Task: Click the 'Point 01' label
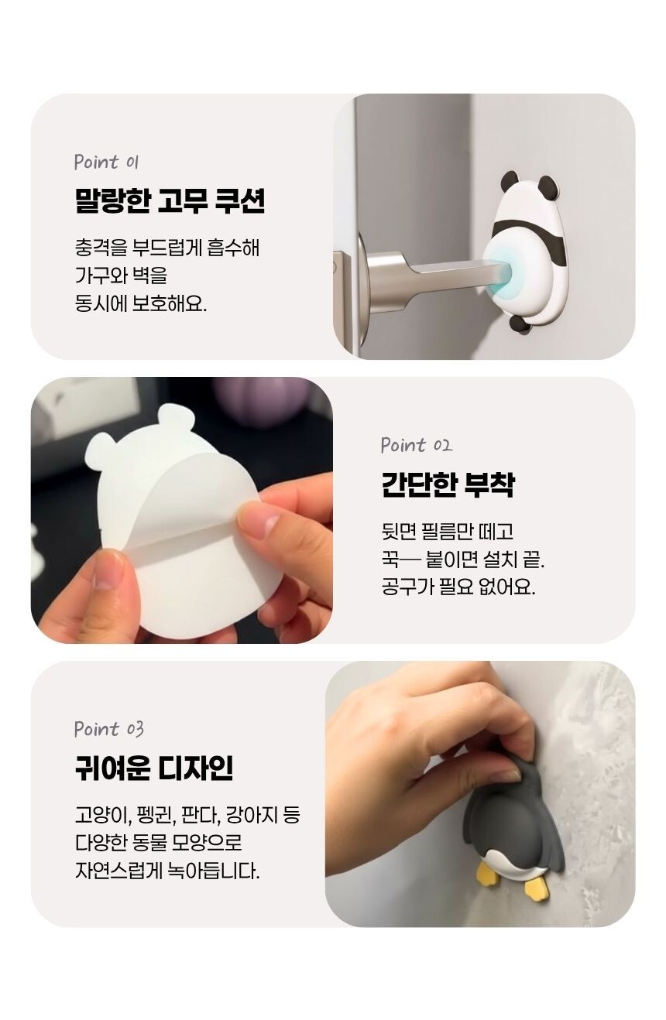(106, 162)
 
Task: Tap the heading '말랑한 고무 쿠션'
(170, 200)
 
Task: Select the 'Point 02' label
(416, 445)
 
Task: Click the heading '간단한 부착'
(448, 484)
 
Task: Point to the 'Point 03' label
(109, 729)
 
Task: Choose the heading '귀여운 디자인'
(154, 768)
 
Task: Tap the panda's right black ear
(548, 187)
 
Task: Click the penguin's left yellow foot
(486, 874)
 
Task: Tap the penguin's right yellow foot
(536, 889)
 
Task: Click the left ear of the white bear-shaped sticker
(101, 452)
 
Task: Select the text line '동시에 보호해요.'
(141, 302)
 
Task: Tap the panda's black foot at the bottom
(522, 325)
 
